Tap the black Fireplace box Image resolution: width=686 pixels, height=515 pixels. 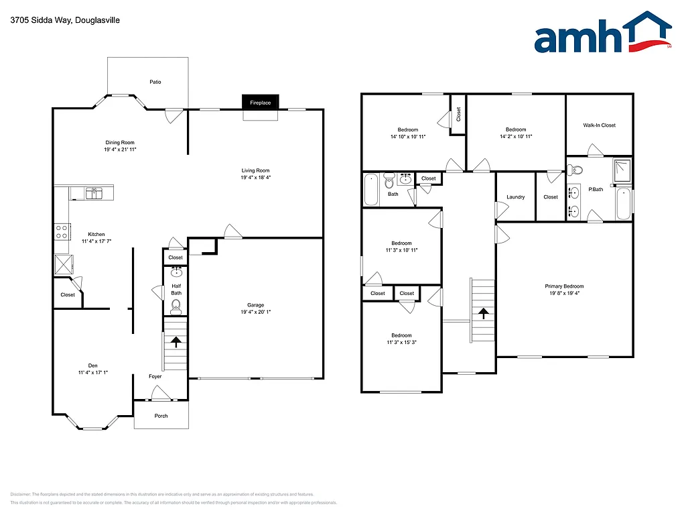[x=261, y=103]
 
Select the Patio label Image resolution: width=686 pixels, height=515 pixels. [x=155, y=82]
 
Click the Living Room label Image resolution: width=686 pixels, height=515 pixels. [x=255, y=170]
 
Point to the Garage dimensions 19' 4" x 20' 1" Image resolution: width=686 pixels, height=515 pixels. [x=255, y=312]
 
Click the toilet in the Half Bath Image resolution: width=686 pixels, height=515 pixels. [x=176, y=306]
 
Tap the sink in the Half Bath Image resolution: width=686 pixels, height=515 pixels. [x=176, y=272]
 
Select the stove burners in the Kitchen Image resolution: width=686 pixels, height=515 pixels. [x=62, y=231]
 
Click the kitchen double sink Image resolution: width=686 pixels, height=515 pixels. [x=94, y=193]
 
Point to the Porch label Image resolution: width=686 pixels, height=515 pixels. [x=161, y=416]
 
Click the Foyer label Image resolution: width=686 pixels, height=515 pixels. [x=155, y=376]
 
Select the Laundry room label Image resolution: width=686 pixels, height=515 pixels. [x=515, y=197]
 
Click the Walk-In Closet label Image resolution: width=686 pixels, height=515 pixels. [x=599, y=125]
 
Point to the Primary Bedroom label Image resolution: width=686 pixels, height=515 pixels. [x=564, y=286]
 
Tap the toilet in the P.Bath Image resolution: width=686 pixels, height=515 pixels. [x=578, y=169]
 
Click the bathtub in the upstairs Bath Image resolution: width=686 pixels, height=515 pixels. [x=371, y=190]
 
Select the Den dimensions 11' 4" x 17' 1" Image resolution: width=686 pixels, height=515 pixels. [x=93, y=373]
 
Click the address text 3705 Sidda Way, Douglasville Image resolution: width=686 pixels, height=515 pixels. [x=56, y=20]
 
